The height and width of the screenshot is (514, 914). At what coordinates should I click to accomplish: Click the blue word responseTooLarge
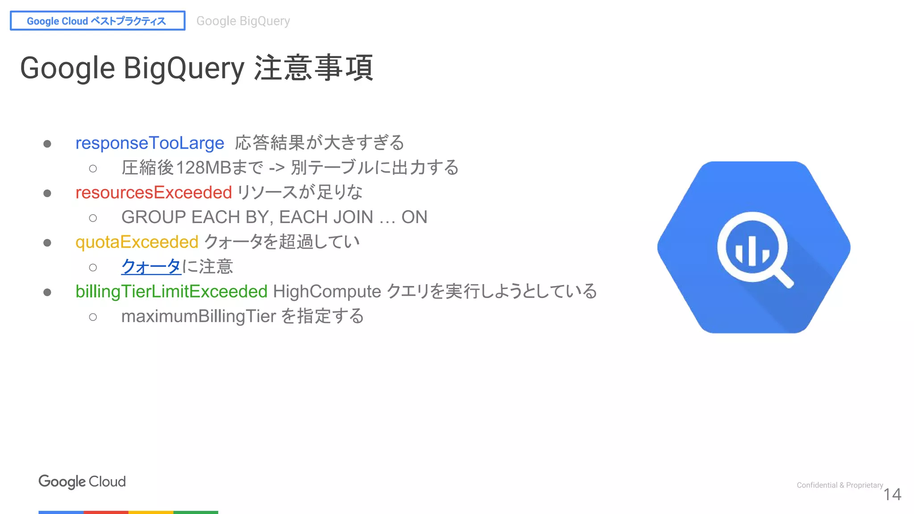click(150, 143)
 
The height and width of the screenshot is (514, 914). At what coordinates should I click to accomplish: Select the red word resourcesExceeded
click(154, 193)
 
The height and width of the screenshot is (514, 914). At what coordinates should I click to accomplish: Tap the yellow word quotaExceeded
click(137, 242)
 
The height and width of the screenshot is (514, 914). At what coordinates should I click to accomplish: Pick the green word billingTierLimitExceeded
click(171, 292)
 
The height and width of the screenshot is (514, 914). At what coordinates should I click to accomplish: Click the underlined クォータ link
click(151, 267)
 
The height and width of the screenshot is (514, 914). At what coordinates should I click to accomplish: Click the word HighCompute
click(327, 292)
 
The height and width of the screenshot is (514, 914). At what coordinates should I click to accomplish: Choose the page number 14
click(892, 494)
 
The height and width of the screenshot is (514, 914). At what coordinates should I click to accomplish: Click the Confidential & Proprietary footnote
click(839, 485)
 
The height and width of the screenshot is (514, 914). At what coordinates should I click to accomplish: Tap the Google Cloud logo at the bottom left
click(82, 481)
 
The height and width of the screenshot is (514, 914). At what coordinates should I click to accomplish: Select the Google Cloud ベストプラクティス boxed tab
click(97, 21)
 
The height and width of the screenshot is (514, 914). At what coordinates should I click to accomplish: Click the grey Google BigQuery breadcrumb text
click(243, 21)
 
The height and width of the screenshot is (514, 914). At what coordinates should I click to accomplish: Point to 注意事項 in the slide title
click(313, 68)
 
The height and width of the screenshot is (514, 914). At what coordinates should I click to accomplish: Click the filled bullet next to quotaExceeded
click(47, 243)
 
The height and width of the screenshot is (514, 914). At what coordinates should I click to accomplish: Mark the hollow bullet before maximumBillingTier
click(93, 317)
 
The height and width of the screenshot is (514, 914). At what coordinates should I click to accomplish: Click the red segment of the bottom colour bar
click(106, 512)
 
